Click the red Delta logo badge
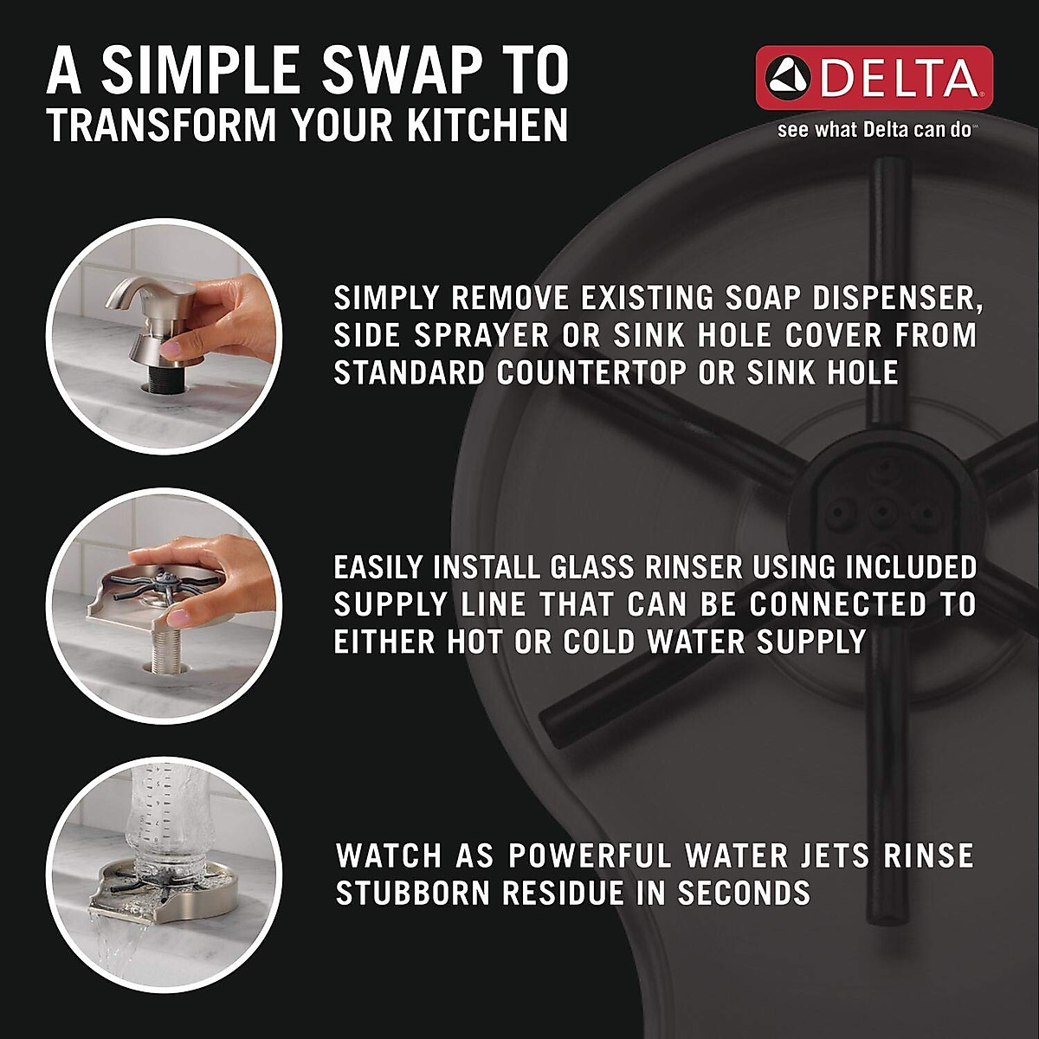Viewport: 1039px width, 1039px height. tap(874, 78)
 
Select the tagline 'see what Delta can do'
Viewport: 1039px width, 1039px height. tap(876, 131)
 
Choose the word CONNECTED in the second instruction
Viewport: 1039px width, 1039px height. tap(827, 604)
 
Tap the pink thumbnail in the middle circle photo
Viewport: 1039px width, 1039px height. tap(177, 616)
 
